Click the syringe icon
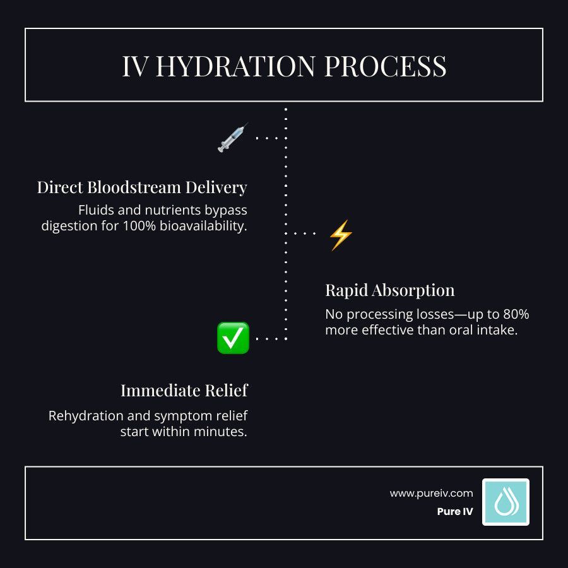tap(232, 138)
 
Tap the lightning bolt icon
tap(341, 235)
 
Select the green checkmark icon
tap(233, 338)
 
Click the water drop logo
tap(506, 502)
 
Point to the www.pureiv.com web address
tap(431, 494)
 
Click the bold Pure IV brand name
tap(454, 512)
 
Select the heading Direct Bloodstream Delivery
tap(141, 187)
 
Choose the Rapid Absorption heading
tap(389, 290)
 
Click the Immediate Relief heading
tap(184, 391)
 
